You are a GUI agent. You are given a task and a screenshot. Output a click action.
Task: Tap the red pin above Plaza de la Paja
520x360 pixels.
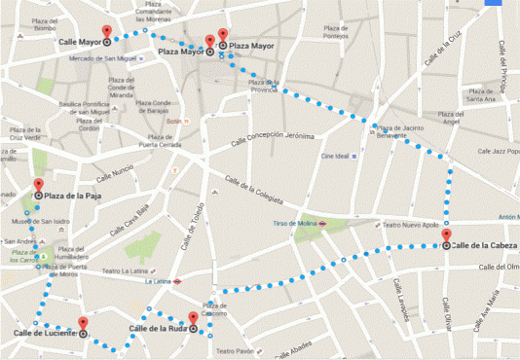(39, 186)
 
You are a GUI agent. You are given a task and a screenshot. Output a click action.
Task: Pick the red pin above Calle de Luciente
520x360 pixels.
(83, 324)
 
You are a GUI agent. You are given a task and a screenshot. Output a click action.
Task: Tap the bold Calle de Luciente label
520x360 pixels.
(44, 334)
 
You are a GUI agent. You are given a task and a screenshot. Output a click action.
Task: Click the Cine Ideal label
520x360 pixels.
(335, 155)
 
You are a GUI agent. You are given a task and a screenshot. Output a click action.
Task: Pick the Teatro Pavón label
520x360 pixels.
(235, 350)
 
